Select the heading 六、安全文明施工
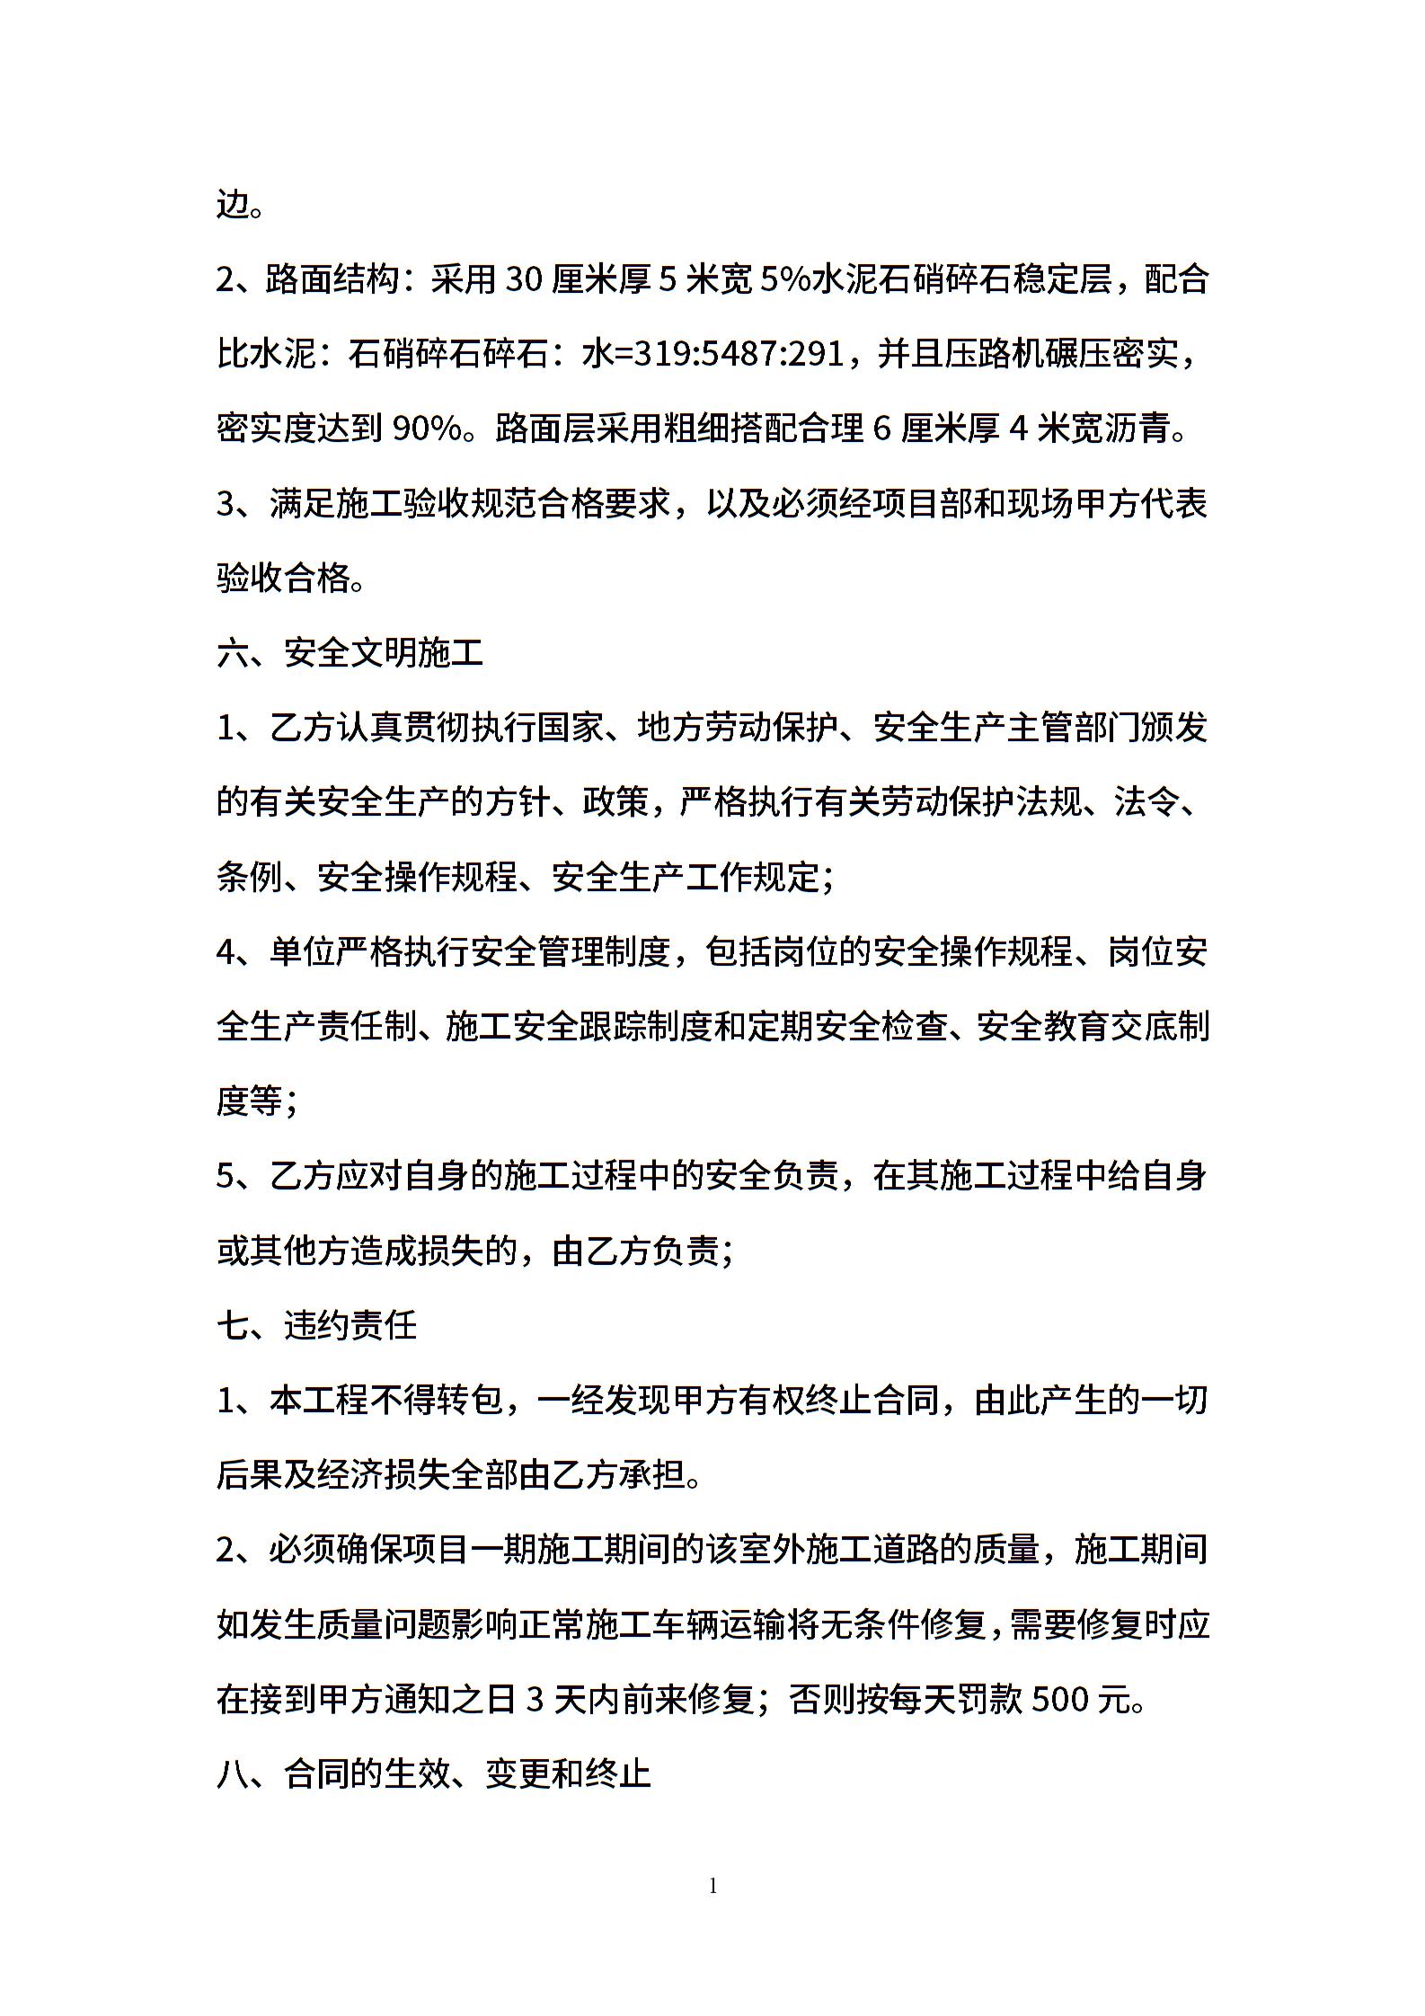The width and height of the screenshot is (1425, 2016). click(x=350, y=653)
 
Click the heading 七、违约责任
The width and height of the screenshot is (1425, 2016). click(x=317, y=1325)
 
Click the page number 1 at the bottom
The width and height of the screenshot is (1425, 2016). click(x=713, y=1888)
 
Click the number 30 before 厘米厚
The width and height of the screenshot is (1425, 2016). click(x=524, y=280)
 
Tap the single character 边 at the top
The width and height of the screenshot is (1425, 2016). click(x=233, y=206)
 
